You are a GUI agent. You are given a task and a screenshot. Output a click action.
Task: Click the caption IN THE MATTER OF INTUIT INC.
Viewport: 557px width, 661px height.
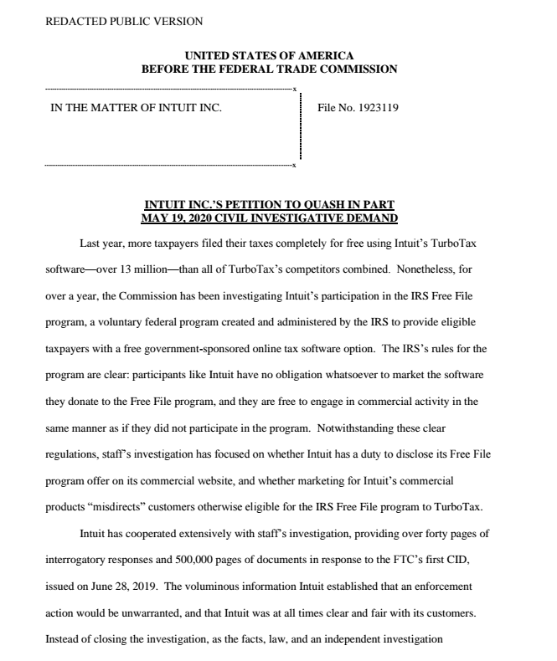(x=137, y=109)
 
